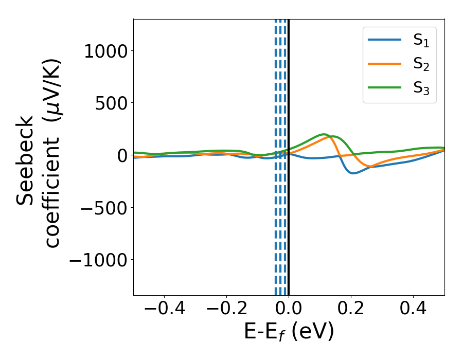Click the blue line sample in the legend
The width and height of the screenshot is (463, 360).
pos(384,40)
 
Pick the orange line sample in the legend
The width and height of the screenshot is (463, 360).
pos(384,63)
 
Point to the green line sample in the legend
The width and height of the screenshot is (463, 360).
pos(384,87)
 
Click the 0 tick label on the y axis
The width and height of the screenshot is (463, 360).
pos(122,155)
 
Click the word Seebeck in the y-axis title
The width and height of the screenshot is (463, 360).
pos(26,160)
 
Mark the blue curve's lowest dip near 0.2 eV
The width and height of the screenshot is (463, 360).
pos(353,173)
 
